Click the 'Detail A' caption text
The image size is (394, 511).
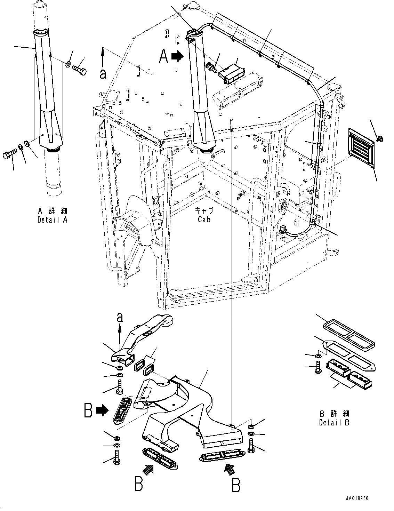tap(53, 220)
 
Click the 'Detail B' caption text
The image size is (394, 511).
tap(334, 423)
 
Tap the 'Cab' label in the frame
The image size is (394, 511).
tap(204, 219)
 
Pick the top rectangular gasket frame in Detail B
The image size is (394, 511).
tap(349, 329)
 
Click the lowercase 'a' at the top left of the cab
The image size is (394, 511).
tap(103, 74)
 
